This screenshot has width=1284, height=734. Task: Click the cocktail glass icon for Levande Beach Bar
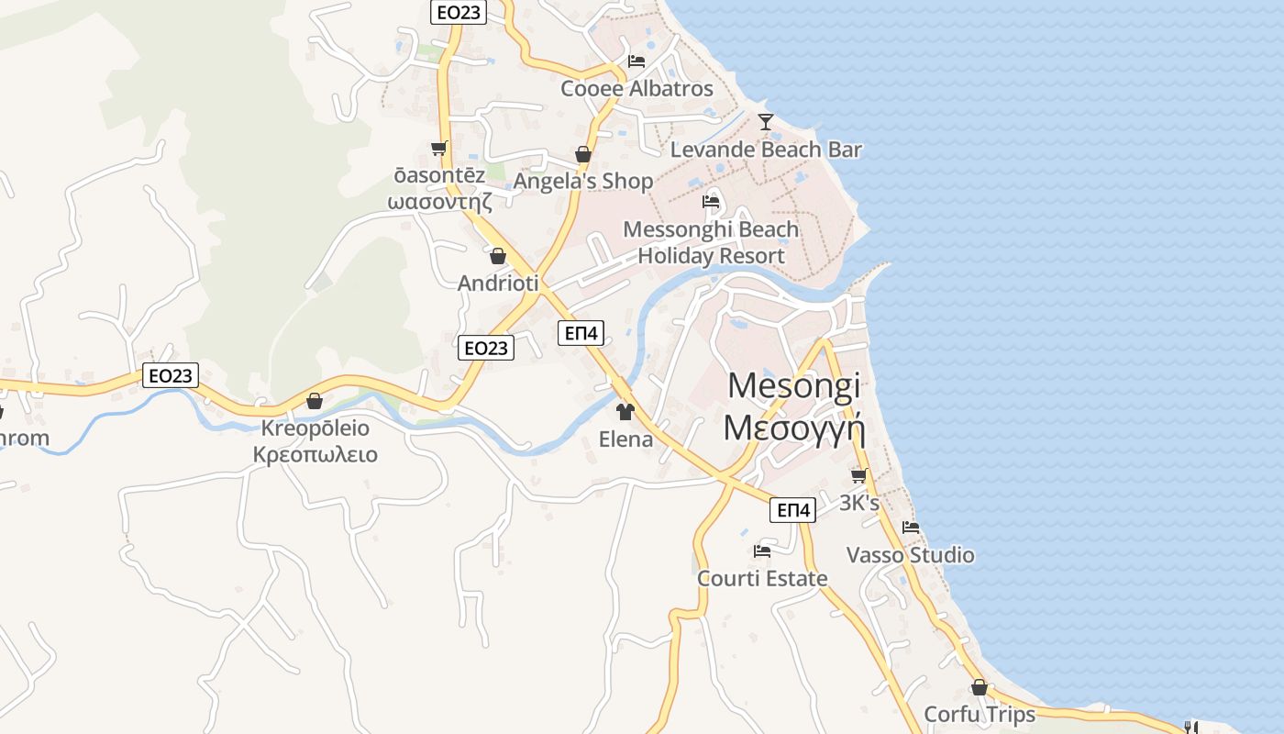pyautogui.click(x=766, y=121)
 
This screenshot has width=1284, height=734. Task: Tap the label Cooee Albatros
pyautogui.click(x=636, y=88)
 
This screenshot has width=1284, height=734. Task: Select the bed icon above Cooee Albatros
pyautogui.click(x=636, y=61)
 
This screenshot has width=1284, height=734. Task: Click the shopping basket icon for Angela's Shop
pyautogui.click(x=583, y=154)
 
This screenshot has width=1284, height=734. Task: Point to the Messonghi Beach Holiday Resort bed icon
pyautogui.click(x=711, y=202)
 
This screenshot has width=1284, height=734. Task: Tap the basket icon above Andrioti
pyautogui.click(x=498, y=256)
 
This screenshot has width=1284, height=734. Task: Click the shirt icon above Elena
pyautogui.click(x=625, y=412)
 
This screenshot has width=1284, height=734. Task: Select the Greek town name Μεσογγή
pyautogui.click(x=794, y=428)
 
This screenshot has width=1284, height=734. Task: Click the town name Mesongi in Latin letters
pyautogui.click(x=794, y=385)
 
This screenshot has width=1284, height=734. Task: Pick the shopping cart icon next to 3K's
pyautogui.click(x=859, y=475)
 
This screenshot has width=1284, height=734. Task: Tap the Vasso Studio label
pyautogui.click(x=910, y=555)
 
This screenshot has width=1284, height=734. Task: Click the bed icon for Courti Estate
pyautogui.click(x=761, y=551)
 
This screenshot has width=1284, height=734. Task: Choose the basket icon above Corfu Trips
pyautogui.click(x=980, y=687)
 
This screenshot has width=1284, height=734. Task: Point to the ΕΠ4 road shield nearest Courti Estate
pyautogui.click(x=793, y=510)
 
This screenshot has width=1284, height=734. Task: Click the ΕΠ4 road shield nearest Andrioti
pyautogui.click(x=581, y=333)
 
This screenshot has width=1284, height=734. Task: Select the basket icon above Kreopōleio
pyautogui.click(x=315, y=401)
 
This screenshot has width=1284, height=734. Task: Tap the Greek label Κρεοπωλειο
pyautogui.click(x=315, y=454)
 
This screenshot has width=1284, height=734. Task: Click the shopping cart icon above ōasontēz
pyautogui.click(x=438, y=149)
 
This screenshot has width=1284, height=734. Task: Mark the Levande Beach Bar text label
pyautogui.click(x=766, y=149)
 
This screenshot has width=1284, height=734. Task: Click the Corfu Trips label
pyautogui.click(x=980, y=714)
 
